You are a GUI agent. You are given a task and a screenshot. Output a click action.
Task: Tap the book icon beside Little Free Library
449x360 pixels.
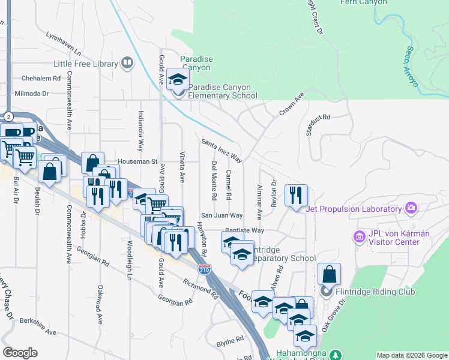point(127,62)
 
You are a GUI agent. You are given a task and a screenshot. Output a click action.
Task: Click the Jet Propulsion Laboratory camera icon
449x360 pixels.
point(411,208)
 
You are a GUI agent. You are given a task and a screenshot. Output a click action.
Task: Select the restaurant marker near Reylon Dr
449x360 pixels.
point(296,196)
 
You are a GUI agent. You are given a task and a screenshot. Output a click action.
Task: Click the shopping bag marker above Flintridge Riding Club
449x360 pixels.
point(329,275)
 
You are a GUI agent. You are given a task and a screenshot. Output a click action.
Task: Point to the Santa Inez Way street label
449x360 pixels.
point(221,151)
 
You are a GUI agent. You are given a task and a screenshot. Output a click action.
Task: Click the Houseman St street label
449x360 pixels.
point(137,161)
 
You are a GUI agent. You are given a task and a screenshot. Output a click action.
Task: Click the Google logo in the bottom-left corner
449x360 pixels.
point(20,353)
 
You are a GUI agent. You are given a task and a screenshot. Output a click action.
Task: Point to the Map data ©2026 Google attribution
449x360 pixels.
point(411,355)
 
